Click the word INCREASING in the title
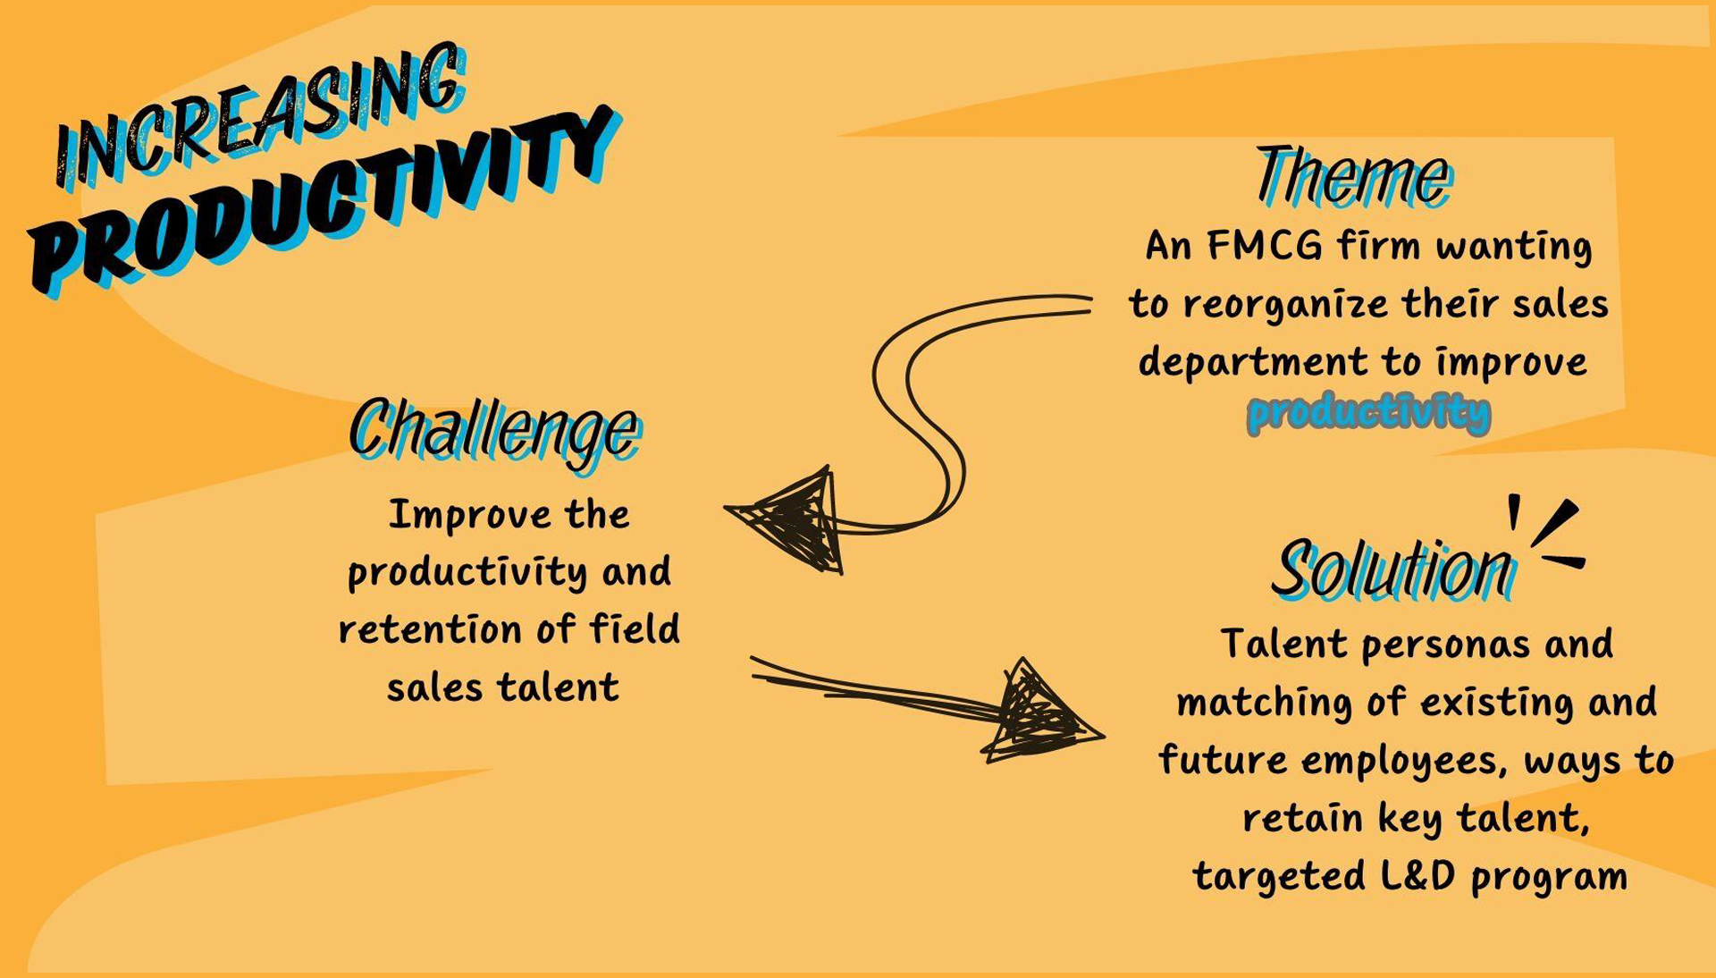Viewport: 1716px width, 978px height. [259, 116]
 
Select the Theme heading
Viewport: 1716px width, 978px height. [1353, 176]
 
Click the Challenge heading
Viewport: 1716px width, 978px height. [494, 431]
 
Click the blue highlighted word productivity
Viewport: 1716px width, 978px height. [1368, 412]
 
